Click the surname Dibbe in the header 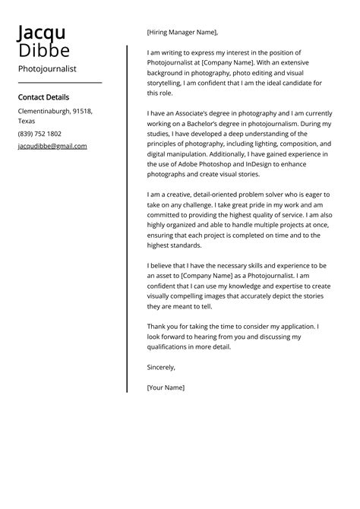(x=44, y=51)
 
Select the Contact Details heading (x=43, y=97)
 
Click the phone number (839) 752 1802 (x=39, y=134)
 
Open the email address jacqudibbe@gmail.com (x=52, y=146)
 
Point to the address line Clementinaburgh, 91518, (x=55, y=112)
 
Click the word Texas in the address (x=27, y=122)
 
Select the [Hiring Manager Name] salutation (x=182, y=32)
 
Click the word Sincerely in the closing (x=161, y=367)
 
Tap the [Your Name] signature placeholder (x=166, y=387)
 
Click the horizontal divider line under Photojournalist (x=59, y=82)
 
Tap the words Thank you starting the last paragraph (x=163, y=327)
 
